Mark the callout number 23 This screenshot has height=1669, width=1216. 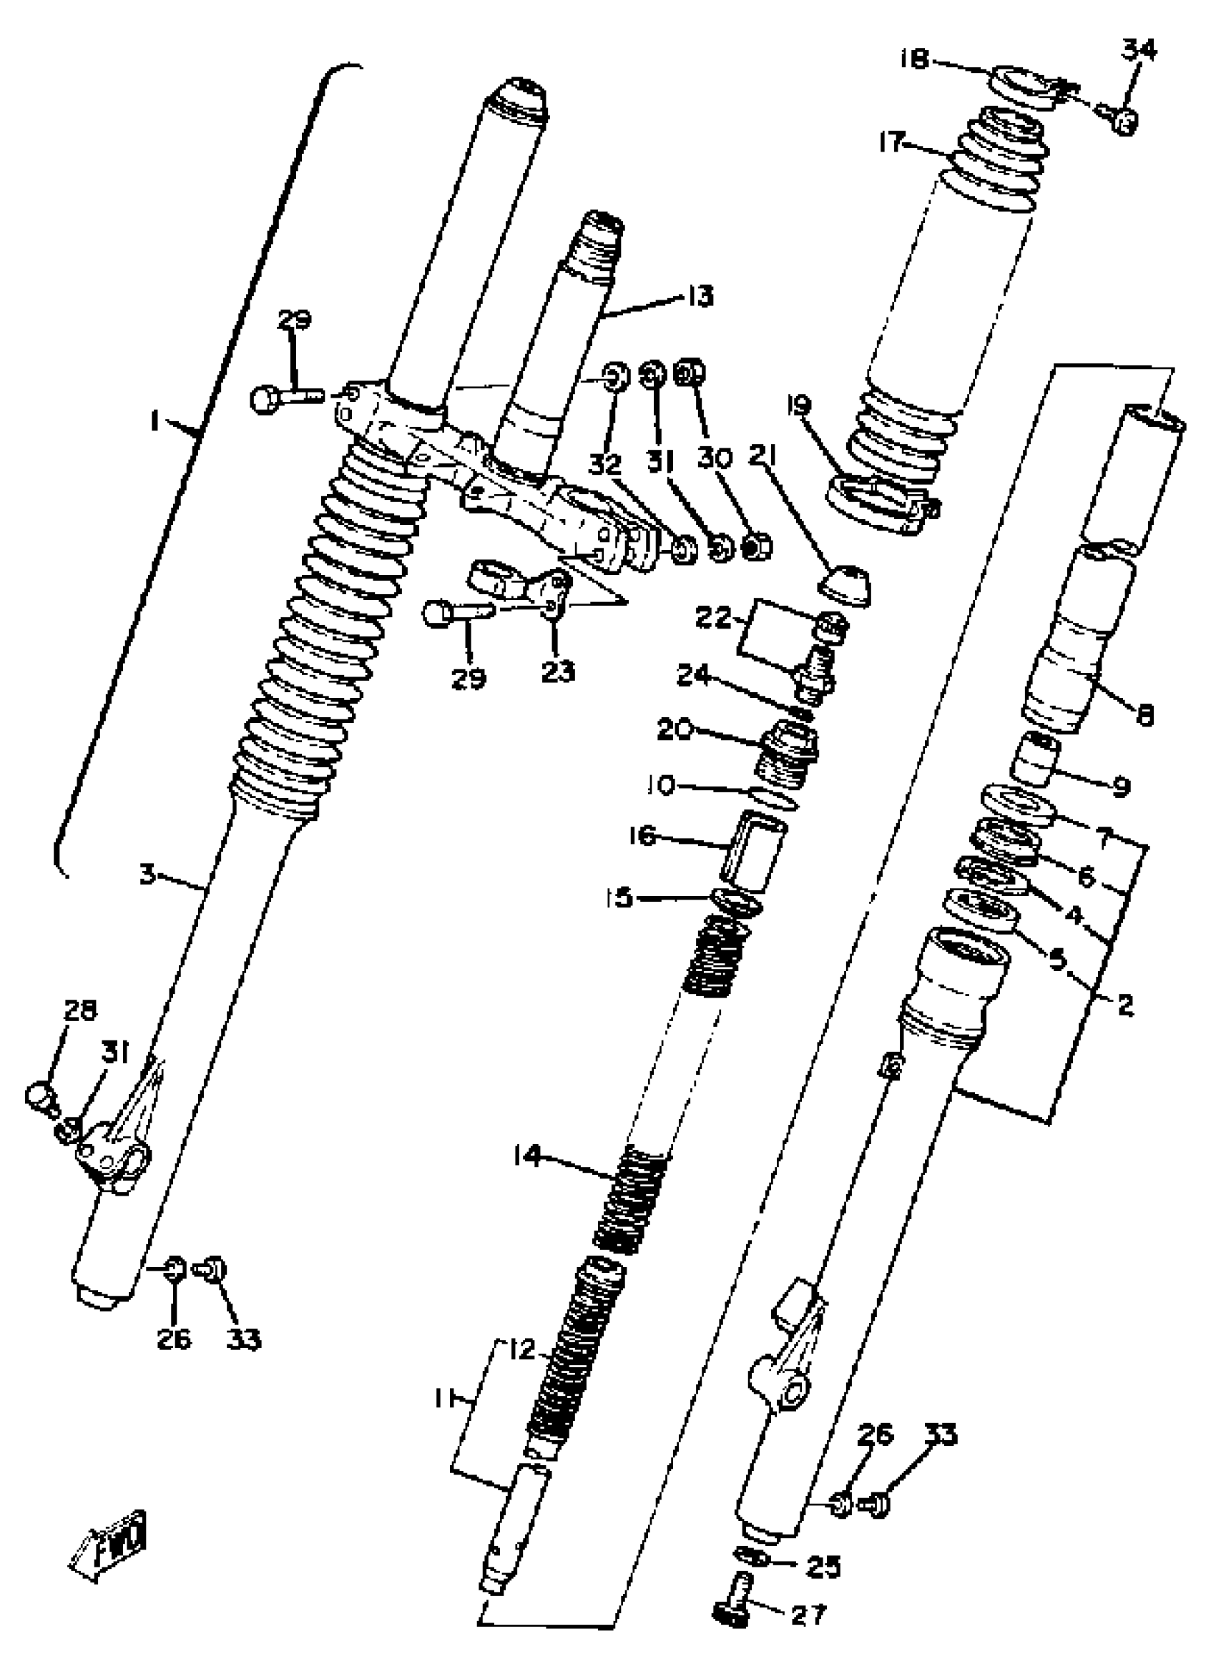pyautogui.click(x=558, y=671)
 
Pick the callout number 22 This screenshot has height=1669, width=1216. pyautogui.click(x=712, y=617)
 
